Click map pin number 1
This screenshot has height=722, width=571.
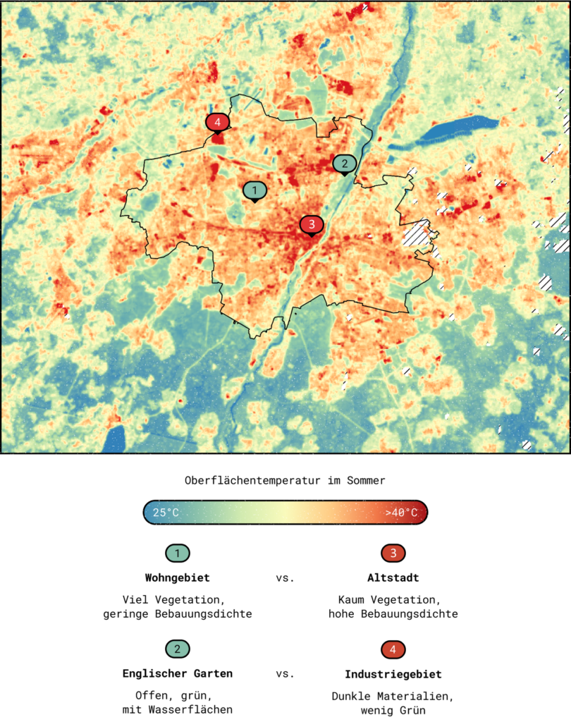pyautogui.click(x=254, y=190)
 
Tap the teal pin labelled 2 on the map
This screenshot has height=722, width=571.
pyautogui.click(x=344, y=164)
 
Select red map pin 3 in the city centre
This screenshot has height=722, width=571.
pyautogui.click(x=312, y=224)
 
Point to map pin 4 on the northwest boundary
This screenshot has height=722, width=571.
pyautogui.click(x=217, y=123)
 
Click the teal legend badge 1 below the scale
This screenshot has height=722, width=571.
pyautogui.click(x=178, y=553)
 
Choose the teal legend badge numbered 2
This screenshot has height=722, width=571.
pyautogui.click(x=178, y=649)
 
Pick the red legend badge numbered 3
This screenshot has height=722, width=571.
pyautogui.click(x=393, y=553)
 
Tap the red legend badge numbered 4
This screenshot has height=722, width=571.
pyautogui.click(x=393, y=649)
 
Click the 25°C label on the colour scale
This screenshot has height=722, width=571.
pyautogui.click(x=165, y=513)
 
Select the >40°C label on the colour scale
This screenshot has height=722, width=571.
pyautogui.click(x=401, y=513)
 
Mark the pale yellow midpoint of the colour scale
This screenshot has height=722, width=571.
pyautogui.click(x=285, y=513)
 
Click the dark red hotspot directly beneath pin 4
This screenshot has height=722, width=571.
pyautogui.click(x=218, y=138)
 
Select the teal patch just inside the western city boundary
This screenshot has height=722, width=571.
pyautogui.click(x=148, y=204)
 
